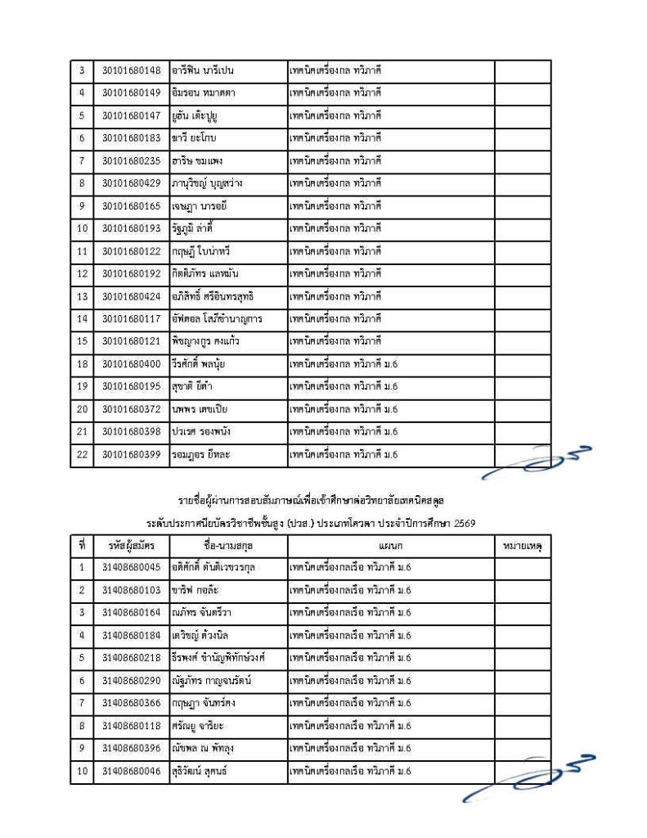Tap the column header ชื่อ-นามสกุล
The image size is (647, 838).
[x=227, y=544]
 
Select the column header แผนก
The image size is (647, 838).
[x=391, y=544]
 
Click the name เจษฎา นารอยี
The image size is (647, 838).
[x=200, y=205]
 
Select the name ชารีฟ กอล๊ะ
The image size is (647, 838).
[x=193, y=589]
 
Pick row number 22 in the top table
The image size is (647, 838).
[x=82, y=453]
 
